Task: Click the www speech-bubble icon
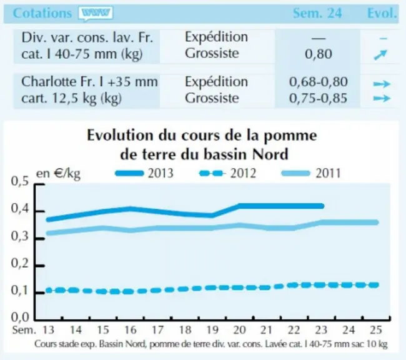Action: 96,13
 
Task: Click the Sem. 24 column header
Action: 317,13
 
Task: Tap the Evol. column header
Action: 382,13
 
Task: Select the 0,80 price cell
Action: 318,54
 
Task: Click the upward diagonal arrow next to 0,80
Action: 380,54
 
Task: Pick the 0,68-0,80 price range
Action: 318,82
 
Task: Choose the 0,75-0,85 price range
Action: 318,98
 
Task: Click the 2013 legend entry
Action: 144,173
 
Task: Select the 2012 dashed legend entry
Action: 227,173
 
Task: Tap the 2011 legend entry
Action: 311,173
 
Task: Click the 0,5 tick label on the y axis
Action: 20,181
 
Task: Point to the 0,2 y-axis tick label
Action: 20,264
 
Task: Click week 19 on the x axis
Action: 212,330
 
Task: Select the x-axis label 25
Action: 376,330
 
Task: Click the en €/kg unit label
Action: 58,174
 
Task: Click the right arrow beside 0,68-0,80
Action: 382,84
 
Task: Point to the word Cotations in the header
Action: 42,13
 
